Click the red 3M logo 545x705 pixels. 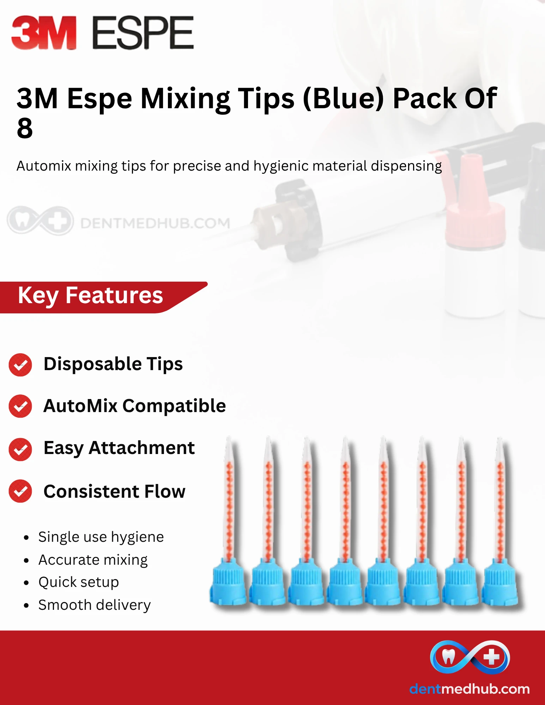pyautogui.click(x=44, y=32)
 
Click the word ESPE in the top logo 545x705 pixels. pyautogui.click(x=143, y=32)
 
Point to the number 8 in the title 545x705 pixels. pyautogui.click(x=25, y=128)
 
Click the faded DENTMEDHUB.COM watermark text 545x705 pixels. pyautogui.click(x=155, y=223)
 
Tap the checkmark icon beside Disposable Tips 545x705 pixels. pyautogui.click(x=20, y=364)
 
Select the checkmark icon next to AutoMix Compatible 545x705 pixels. pyautogui.click(x=20, y=406)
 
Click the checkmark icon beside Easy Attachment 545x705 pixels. pyautogui.click(x=20, y=449)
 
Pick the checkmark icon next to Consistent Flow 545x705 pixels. pyautogui.click(x=20, y=491)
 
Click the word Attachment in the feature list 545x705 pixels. pyautogui.click(x=142, y=448)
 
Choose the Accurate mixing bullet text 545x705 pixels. pyautogui.click(x=93, y=560)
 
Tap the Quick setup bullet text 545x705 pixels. pyautogui.click(x=79, y=582)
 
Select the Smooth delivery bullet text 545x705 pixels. pyautogui.click(x=95, y=605)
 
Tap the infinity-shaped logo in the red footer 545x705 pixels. pyautogui.click(x=470, y=657)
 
